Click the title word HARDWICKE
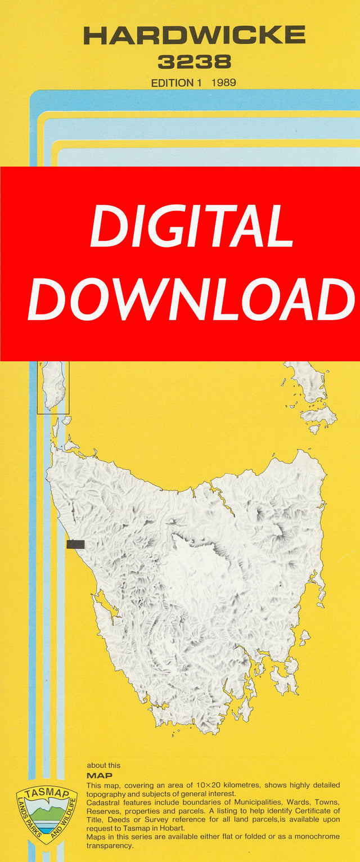[194, 36]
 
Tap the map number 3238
[193, 61]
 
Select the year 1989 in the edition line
[223, 83]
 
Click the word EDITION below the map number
[172, 83]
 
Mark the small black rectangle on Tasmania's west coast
[75, 544]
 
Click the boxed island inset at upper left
[53, 387]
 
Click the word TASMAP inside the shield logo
[47, 793]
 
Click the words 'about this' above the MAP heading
[103, 765]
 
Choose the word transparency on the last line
[110, 845]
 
